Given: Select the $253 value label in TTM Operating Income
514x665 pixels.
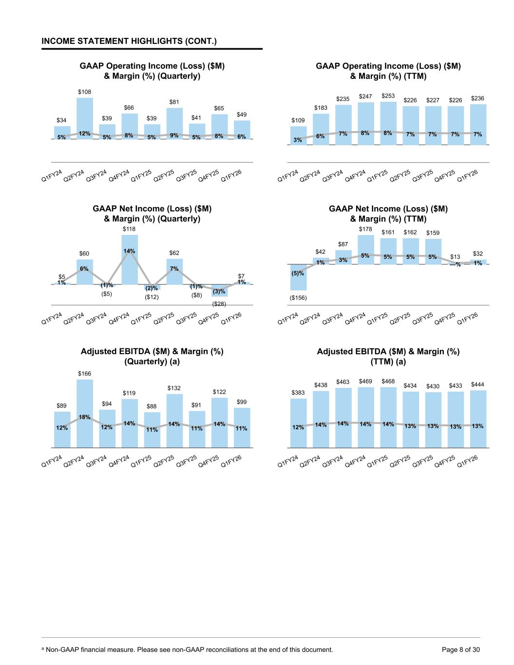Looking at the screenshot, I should pos(388,96).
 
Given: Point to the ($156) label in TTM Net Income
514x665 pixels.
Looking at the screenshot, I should pos(298,298).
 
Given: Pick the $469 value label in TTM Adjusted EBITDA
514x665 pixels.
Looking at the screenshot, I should pos(365,381).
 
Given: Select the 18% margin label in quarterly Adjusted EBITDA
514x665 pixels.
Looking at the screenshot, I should pos(84,417).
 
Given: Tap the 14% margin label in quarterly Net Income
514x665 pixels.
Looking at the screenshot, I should pos(129,251).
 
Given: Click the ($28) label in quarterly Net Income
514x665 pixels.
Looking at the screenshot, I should pos(219,304).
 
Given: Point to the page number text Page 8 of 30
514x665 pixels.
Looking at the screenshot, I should pos(460,649).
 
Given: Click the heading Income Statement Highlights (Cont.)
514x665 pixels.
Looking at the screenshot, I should pos(129,41).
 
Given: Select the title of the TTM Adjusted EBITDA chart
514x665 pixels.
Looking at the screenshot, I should pos(388,357).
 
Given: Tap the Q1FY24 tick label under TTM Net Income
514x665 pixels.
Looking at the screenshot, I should pos(288,319).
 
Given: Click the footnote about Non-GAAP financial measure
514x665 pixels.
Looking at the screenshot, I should pos(188,649).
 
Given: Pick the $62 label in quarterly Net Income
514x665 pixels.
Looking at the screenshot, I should pos(174,253).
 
